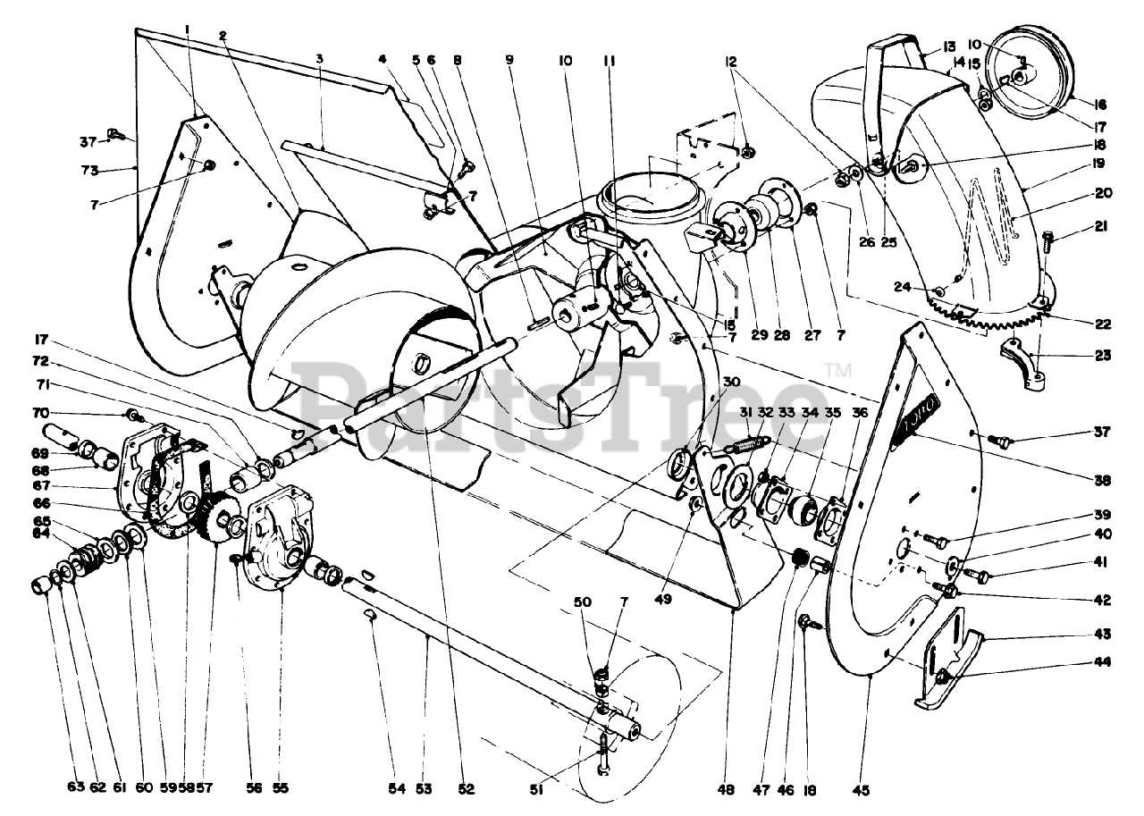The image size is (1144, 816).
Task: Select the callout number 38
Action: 1102,480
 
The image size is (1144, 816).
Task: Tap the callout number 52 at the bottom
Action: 466,789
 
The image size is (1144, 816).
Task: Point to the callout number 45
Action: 862,789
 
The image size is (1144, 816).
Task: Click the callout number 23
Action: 1102,355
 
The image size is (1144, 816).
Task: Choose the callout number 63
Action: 74,787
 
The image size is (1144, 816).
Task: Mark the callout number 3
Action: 319,59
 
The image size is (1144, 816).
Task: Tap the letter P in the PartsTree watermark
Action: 335,393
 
